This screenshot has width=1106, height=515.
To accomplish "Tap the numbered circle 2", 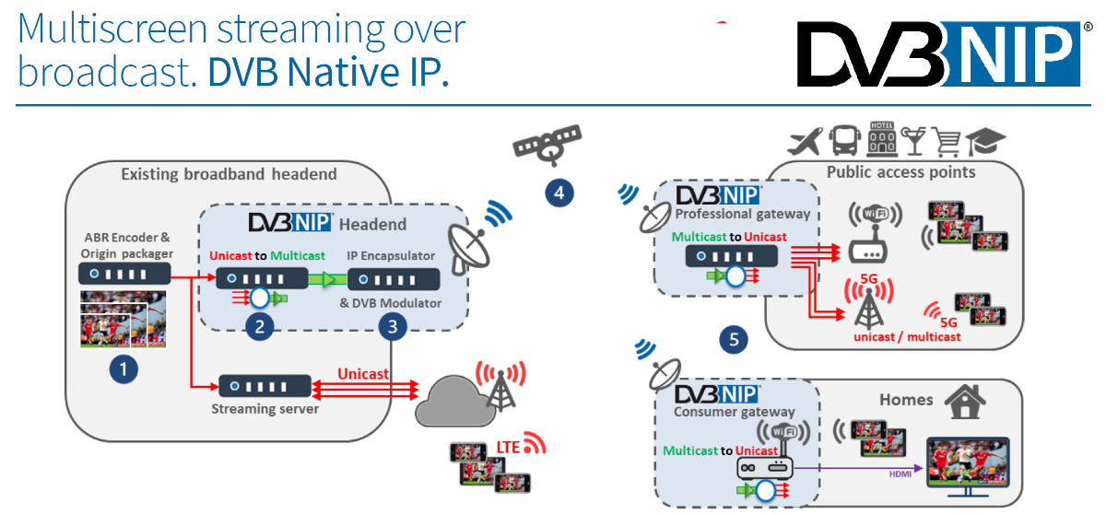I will [261, 326].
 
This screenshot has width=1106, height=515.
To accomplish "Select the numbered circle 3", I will [393, 326].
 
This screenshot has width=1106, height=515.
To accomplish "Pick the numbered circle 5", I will [734, 339].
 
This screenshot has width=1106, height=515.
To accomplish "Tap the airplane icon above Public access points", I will [805, 142].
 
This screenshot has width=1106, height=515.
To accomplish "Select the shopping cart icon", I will [947, 142].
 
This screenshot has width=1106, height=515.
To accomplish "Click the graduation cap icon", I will [985, 142].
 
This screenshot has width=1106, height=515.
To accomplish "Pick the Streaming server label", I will [265, 408].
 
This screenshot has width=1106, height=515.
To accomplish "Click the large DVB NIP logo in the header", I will [938, 55].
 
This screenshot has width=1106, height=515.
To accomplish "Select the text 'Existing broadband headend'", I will [229, 174].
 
